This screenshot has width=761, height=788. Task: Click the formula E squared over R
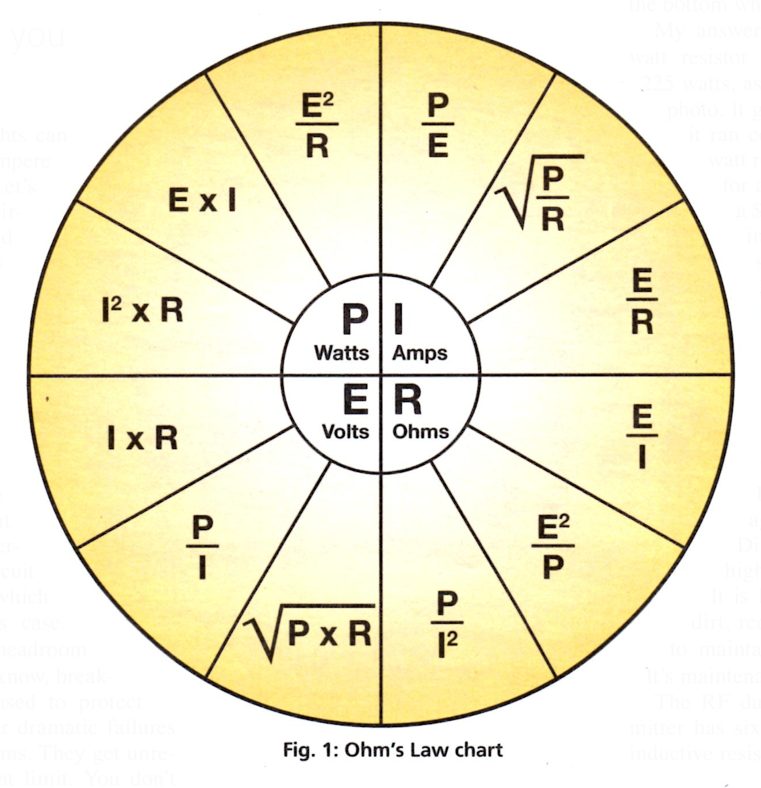click(318, 126)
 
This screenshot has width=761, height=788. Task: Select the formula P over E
click(438, 126)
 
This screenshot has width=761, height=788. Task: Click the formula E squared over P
click(552, 547)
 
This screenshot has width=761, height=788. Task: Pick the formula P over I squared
click(447, 625)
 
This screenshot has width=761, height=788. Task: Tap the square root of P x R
click(310, 632)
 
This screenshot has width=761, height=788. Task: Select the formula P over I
click(202, 547)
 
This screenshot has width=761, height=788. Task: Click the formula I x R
click(143, 439)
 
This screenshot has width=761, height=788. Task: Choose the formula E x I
click(202, 201)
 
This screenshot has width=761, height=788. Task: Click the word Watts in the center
click(341, 353)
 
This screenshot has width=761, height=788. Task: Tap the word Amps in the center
click(420, 353)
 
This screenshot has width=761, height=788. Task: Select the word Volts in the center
click(345, 431)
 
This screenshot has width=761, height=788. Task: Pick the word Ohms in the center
click(421, 431)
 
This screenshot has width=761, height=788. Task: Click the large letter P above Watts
click(355, 319)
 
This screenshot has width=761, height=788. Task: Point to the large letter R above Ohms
click(408, 400)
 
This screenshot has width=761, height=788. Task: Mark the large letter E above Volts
click(355, 400)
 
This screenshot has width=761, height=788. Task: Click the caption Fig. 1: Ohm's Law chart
click(393, 750)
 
